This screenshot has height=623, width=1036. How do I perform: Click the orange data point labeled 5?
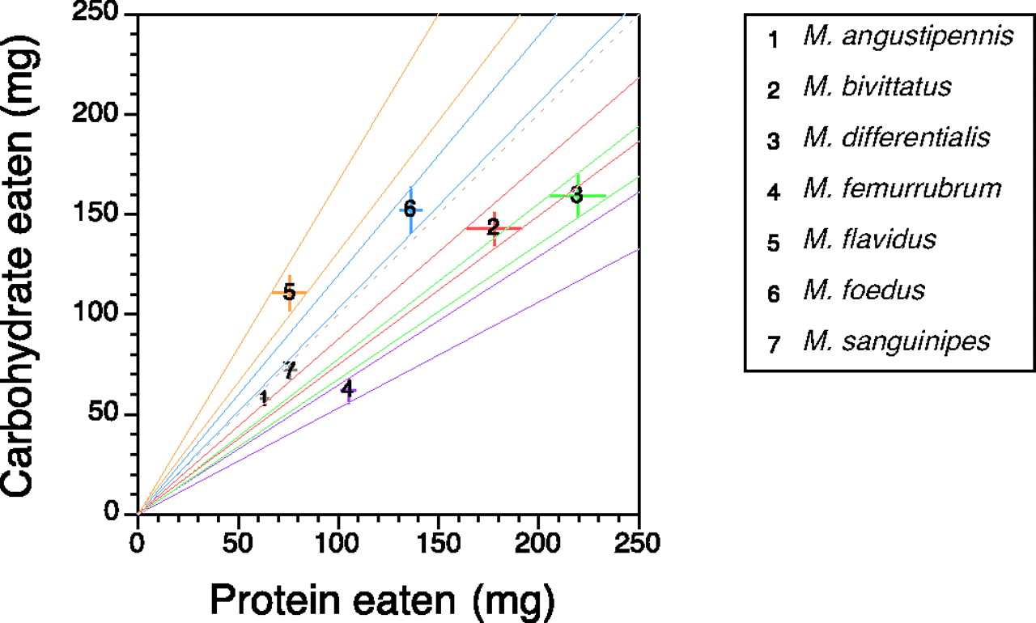click(x=289, y=292)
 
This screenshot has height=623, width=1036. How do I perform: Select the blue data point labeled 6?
click(x=410, y=210)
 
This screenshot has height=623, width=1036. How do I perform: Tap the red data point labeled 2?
click(x=493, y=228)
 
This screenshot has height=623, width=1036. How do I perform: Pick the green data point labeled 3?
click(x=576, y=195)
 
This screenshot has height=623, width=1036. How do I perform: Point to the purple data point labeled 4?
click(x=347, y=390)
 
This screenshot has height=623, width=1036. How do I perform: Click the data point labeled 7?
click(x=290, y=369)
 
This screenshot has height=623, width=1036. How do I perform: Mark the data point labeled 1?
click(x=264, y=396)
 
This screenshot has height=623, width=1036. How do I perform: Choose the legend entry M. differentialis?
click(x=896, y=138)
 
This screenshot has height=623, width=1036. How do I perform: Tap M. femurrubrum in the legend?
click(x=902, y=189)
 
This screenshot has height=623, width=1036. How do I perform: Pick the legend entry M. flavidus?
click(x=869, y=240)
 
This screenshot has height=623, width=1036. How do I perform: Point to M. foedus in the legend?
click(x=864, y=290)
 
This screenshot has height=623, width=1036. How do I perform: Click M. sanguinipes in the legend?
click(x=896, y=341)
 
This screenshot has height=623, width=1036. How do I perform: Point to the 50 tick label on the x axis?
click(x=238, y=539)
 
